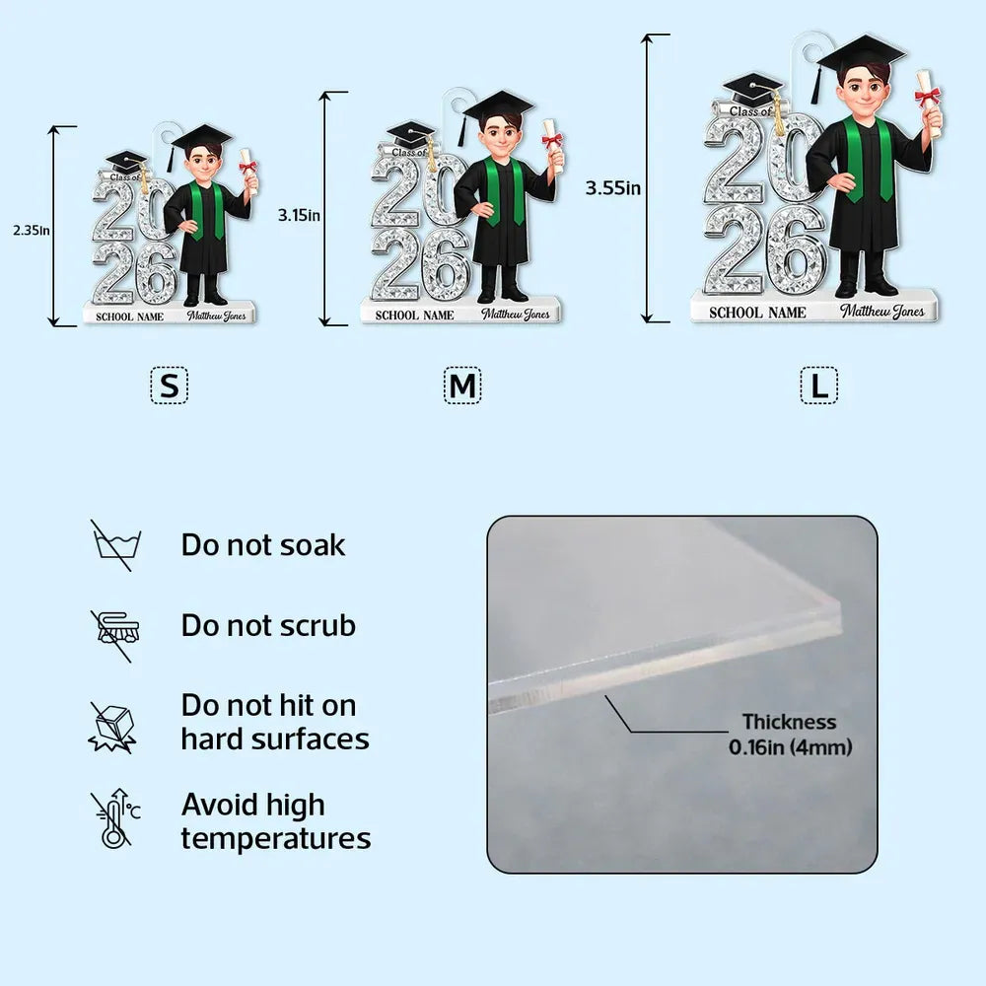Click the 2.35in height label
point(32,230)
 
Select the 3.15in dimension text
point(300,215)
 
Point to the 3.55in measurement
point(613,187)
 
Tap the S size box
point(170,386)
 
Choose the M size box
point(462,386)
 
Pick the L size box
point(818,386)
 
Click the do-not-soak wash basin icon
point(115,544)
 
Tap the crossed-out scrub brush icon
point(114,635)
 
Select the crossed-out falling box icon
point(113,728)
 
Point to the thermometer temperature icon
point(115,818)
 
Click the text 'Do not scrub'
point(268,626)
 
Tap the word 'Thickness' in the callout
point(789,722)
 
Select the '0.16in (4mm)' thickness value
point(791,747)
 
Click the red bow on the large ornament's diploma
point(927,97)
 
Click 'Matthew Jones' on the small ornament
point(216,316)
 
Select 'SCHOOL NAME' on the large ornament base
point(757,313)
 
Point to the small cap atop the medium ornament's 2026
point(410,134)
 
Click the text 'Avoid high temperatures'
point(276,821)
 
